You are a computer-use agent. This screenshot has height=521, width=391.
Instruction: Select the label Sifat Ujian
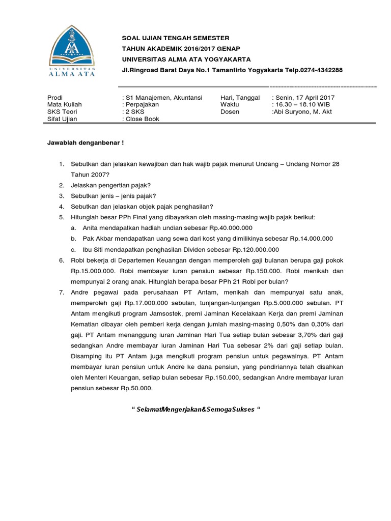click(60, 119)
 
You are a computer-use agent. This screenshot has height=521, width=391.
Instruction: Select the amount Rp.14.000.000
click(311, 238)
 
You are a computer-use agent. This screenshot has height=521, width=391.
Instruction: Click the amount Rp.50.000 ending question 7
click(136, 388)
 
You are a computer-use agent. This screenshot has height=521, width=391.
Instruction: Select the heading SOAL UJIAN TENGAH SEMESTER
click(176, 38)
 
